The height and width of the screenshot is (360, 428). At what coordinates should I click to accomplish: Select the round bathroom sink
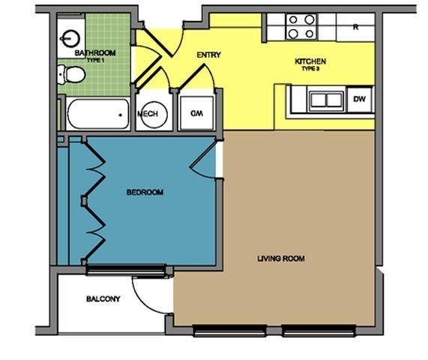point(71,36)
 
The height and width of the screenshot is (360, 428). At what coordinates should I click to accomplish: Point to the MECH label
point(146,114)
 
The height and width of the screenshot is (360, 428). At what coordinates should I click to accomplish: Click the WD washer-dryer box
point(197,113)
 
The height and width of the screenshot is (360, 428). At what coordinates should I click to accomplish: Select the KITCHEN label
point(310,61)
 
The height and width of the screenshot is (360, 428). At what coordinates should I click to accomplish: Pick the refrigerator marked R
point(356,27)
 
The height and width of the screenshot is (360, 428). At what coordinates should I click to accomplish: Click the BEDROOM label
point(145,193)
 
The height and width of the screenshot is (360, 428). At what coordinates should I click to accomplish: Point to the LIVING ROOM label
point(281,259)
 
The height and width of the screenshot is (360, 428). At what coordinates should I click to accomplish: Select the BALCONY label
point(103,298)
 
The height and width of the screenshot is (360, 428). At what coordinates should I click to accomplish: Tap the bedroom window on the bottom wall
point(125,269)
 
